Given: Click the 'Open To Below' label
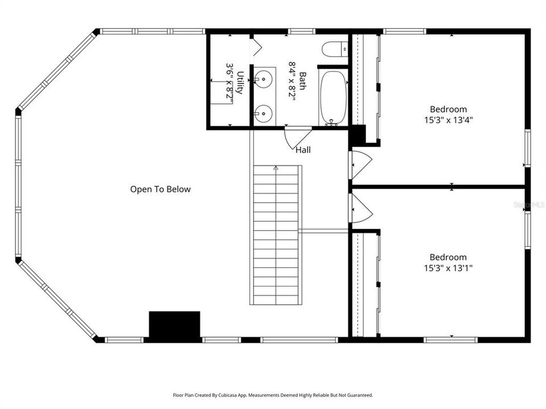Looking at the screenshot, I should pyautogui.click(x=160, y=190).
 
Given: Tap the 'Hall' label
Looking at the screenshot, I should pyautogui.click(x=303, y=151).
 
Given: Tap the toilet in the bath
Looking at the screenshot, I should pyautogui.click(x=334, y=50).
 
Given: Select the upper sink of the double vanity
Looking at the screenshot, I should pyautogui.click(x=263, y=80).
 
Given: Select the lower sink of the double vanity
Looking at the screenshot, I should pyautogui.click(x=263, y=113).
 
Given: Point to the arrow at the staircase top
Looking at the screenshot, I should pyautogui.click(x=276, y=168).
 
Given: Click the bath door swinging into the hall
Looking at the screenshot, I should pyautogui.click(x=296, y=138).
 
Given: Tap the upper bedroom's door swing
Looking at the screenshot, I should pyautogui.click(x=361, y=163).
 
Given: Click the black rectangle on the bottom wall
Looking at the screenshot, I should pyautogui.click(x=175, y=325).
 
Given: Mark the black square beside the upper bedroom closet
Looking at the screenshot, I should pyautogui.click(x=357, y=136).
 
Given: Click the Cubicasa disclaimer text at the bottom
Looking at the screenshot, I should pyautogui.click(x=273, y=395).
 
